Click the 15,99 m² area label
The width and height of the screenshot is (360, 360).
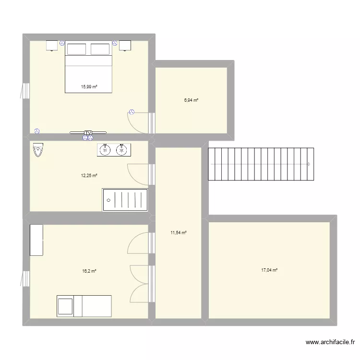89,87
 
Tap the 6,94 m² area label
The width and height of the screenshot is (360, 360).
191,100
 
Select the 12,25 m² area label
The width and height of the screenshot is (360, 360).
89,176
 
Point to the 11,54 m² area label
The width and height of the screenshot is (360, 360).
179,233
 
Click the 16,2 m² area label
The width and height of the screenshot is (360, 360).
89,271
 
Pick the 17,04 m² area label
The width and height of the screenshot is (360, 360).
269,270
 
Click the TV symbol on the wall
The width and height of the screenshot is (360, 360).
88,132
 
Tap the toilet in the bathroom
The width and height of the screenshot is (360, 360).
38,150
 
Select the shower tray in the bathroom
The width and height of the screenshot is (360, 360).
125,200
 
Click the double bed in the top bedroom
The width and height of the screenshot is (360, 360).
89,67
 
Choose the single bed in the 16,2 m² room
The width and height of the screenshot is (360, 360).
84,306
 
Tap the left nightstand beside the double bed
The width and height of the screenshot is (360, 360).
52,46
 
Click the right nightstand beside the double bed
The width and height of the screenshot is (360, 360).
125,46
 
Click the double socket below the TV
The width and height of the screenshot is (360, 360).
88,138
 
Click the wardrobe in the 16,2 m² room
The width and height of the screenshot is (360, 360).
36,240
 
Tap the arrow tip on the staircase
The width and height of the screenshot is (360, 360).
311,164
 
